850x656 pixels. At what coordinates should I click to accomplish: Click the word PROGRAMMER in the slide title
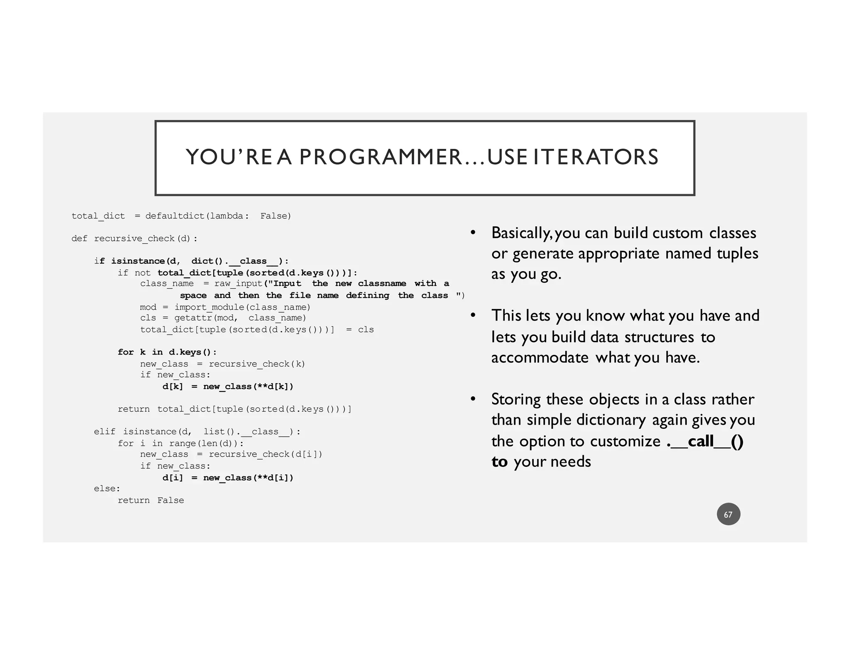pos(380,157)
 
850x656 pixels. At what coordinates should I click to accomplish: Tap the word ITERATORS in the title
pos(596,157)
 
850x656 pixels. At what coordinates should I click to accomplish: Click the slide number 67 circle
pos(728,515)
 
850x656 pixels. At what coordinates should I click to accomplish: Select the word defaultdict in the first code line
pos(175,216)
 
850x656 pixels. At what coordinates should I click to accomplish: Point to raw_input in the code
pos(238,284)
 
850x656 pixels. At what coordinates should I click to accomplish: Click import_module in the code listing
pos(209,307)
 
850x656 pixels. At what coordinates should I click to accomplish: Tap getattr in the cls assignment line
pos(193,318)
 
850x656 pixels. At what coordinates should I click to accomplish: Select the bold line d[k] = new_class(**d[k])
pos(227,387)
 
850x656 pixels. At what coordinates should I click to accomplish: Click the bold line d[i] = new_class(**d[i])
pos(227,478)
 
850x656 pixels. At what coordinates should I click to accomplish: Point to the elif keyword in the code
pos(105,432)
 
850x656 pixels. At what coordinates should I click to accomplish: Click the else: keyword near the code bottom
pos(107,489)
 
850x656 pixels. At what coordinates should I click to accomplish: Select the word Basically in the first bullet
pos(521,233)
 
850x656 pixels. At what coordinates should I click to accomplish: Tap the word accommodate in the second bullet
pos(540,357)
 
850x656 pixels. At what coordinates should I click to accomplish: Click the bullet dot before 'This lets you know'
pos(473,316)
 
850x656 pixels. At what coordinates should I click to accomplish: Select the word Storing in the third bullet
pos(516,399)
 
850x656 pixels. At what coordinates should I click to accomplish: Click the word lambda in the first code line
pos(227,216)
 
